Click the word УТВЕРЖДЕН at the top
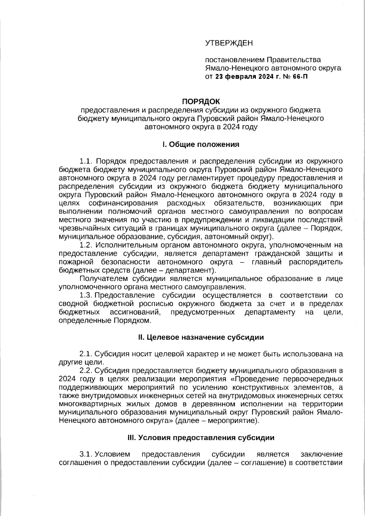[229, 43]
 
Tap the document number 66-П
[300, 77]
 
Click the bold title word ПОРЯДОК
[201, 101]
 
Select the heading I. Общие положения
[201, 144]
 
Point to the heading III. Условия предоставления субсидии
[201, 438]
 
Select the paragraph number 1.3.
[86, 295]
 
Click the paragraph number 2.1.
[86, 354]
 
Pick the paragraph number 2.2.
[86, 371]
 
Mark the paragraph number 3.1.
[86, 454]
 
